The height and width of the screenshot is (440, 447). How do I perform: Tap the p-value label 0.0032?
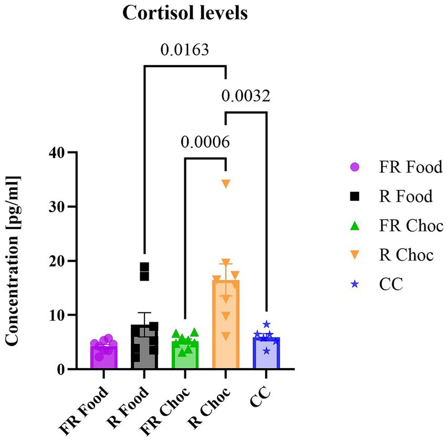[246, 96]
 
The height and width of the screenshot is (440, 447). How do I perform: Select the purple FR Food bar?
[103, 357]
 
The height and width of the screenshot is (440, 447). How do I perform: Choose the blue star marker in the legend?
[355, 284]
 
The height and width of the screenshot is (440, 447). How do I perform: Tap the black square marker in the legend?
[355, 197]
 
